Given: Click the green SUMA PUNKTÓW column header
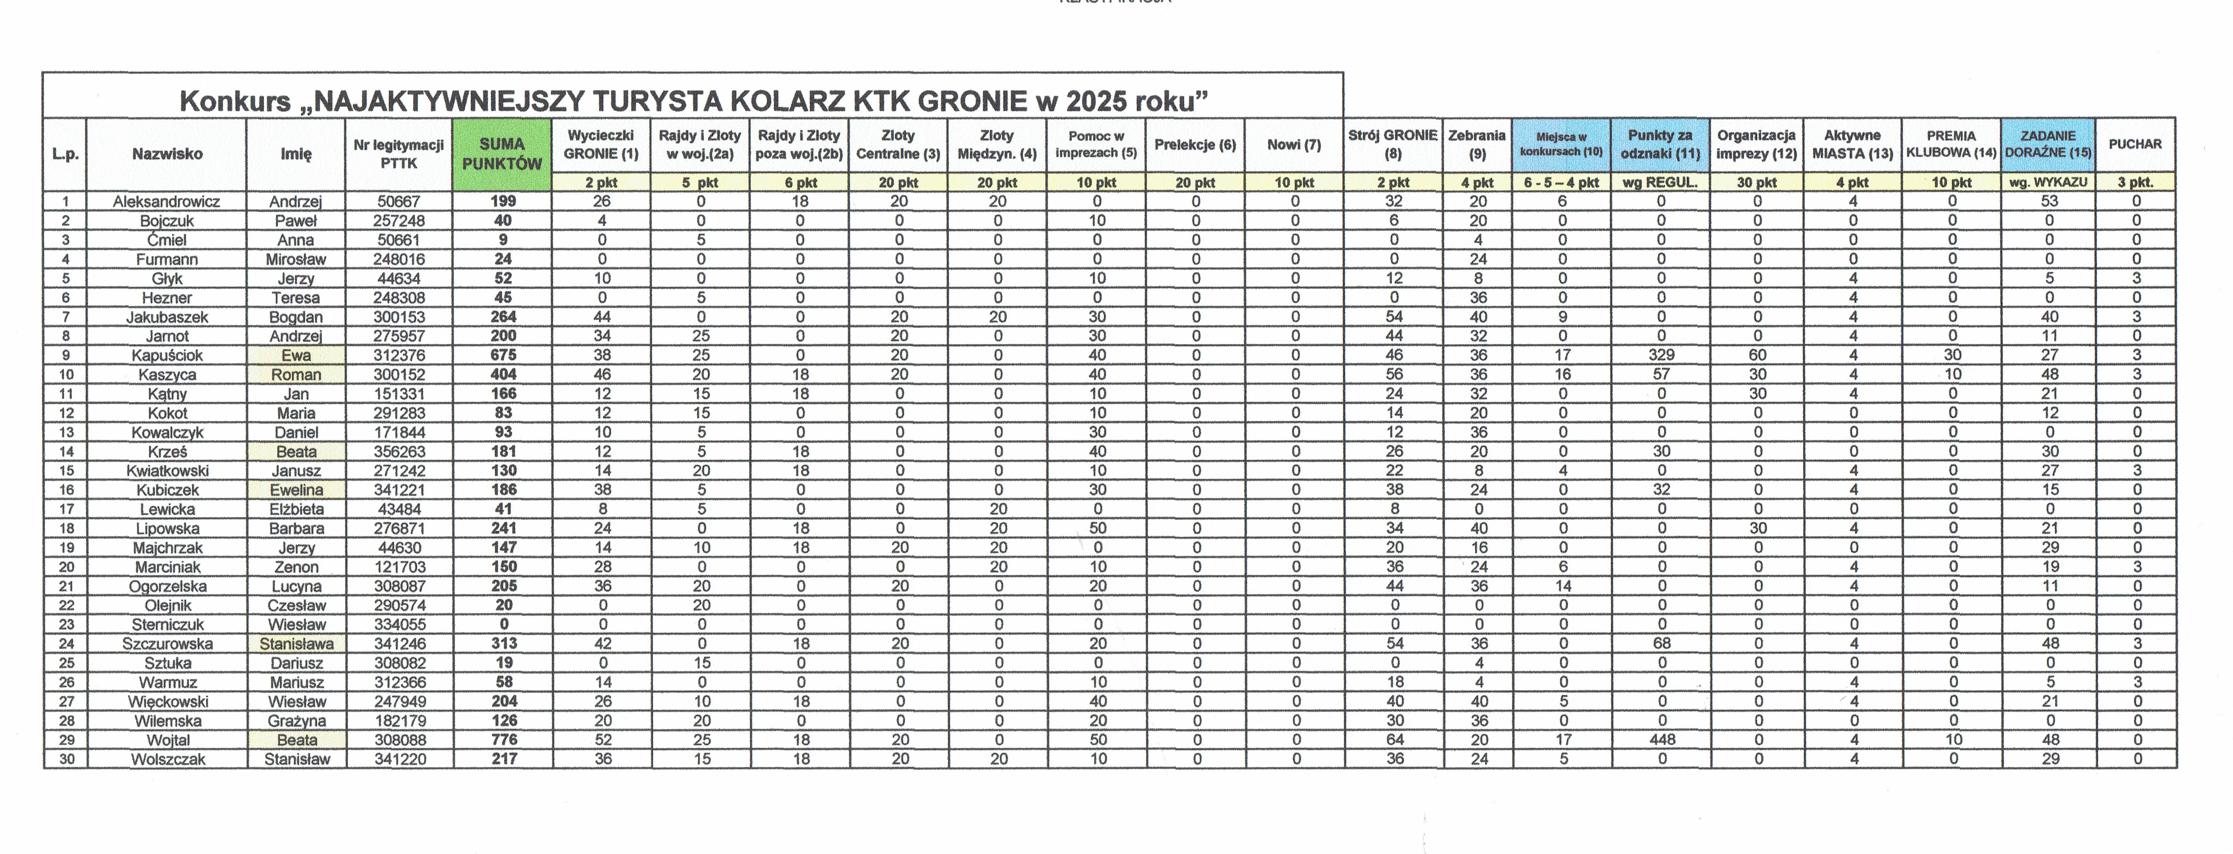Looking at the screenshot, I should [502, 154].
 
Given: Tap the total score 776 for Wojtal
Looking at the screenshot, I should [504, 740].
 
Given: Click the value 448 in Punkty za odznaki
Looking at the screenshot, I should [1662, 740].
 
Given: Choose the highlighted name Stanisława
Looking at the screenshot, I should [297, 643].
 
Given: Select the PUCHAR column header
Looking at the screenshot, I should [2135, 144].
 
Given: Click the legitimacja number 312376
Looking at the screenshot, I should [400, 355].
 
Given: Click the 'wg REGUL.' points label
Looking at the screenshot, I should [1660, 182].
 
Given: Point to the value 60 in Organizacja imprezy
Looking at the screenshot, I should [1757, 355].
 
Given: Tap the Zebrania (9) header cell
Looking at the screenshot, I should [1477, 144].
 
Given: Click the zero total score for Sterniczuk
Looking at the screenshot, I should [504, 624].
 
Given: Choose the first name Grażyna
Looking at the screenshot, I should [297, 720].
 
